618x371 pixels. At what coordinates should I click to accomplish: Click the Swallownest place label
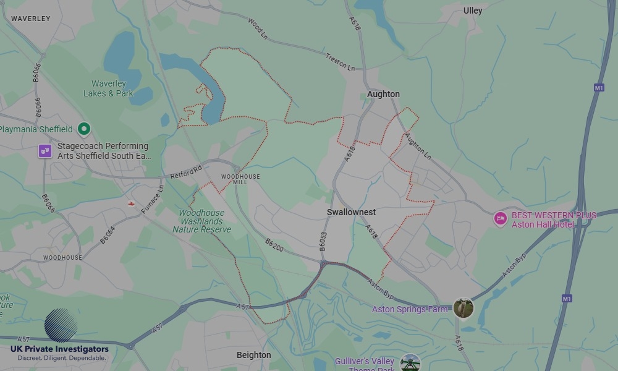click(351, 212)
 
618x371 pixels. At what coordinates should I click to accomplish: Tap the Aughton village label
click(383, 94)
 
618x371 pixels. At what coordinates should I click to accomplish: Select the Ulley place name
click(473, 11)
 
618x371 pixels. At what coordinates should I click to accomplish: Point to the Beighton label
click(253, 355)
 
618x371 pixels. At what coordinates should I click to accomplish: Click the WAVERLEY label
click(30, 19)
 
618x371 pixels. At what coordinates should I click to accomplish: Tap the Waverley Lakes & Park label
click(108, 88)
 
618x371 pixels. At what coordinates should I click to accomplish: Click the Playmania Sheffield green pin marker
click(84, 129)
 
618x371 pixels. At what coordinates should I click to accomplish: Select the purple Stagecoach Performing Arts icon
click(45, 151)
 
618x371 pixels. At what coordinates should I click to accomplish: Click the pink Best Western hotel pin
click(500, 219)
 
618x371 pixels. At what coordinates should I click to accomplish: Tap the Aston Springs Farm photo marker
click(463, 308)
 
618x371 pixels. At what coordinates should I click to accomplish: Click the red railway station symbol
click(132, 203)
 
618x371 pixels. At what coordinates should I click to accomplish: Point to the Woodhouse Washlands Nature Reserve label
click(201, 221)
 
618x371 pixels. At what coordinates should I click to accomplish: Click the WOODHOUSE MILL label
click(240, 179)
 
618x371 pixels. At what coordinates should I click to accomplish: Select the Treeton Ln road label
click(341, 62)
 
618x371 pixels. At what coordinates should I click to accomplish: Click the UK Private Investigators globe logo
click(61, 325)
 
